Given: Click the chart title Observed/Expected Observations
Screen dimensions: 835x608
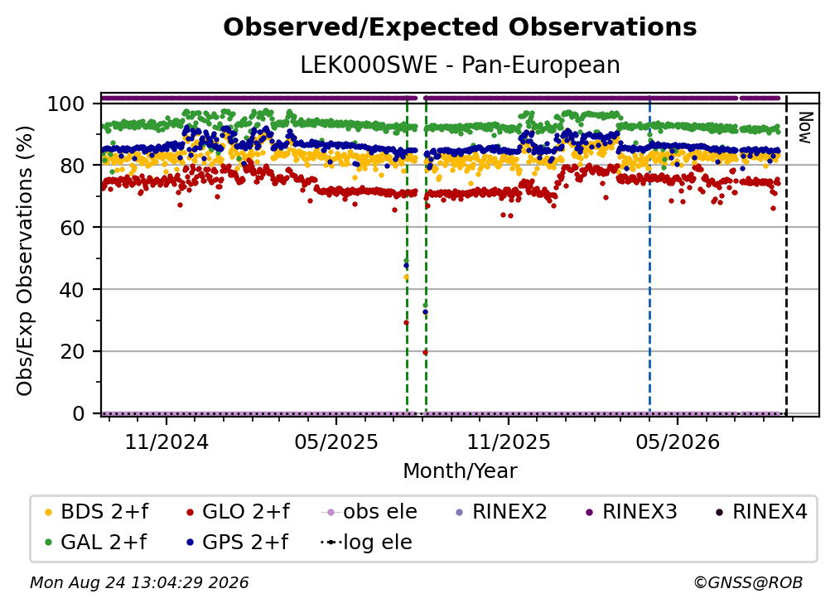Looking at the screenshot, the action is [460, 27].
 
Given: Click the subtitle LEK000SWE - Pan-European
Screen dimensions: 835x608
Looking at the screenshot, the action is [460, 65].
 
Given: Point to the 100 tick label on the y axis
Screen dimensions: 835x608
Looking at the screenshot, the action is [66, 104].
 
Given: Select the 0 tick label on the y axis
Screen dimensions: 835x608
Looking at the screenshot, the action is [79, 413].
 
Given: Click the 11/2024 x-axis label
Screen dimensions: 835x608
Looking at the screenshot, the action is [167, 442].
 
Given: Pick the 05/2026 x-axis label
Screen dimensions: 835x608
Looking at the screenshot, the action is [678, 442].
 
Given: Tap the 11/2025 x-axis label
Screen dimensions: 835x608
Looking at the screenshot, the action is [509, 442].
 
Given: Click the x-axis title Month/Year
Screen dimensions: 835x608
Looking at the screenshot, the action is [460, 470].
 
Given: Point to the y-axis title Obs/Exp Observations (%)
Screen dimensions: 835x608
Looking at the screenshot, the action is [25, 261].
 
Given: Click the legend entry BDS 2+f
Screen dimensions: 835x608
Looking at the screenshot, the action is [96, 512].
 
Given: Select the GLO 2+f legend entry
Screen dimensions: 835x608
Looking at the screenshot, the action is [238, 512].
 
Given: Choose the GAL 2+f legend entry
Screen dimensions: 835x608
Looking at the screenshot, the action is [95, 543].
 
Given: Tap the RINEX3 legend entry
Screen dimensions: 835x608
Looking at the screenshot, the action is [631, 512].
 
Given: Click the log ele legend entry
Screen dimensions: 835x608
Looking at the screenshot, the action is [366, 543].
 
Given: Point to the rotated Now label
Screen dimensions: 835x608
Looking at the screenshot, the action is [804, 128].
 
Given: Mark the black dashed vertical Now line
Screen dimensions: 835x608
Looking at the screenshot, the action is [787, 254].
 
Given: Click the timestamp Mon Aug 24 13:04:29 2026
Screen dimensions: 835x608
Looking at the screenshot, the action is [139, 583].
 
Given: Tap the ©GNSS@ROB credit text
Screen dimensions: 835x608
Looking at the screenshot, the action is [748, 583].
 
